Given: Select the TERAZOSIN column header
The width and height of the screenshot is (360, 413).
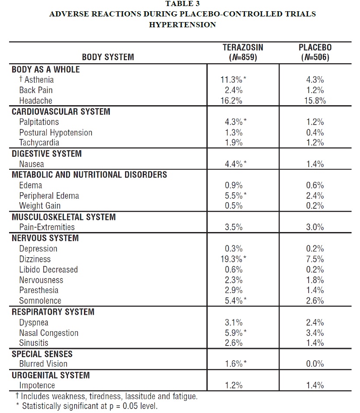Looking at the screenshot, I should point(243,48).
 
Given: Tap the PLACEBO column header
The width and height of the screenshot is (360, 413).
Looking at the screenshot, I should point(315,48).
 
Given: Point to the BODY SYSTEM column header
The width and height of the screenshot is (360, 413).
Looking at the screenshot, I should point(108,57).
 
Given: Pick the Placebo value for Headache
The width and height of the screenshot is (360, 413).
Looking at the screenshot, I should point(314,101).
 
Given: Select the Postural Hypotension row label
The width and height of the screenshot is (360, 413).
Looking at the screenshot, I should point(55,132).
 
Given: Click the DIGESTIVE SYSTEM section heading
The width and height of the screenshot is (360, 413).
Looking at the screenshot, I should point(46,154).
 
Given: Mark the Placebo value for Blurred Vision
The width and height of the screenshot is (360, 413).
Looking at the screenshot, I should point(314,364).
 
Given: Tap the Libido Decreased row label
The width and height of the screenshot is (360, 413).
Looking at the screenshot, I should point(48,270).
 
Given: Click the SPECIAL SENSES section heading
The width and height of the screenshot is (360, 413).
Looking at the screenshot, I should point(42,354).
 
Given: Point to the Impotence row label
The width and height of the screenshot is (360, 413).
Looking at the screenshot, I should point(37,385).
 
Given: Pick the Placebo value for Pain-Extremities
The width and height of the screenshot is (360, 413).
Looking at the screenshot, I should point(314,227).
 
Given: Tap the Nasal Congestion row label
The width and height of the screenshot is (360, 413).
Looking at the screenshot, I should point(48,333).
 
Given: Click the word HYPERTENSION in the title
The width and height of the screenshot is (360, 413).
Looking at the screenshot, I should point(182,25).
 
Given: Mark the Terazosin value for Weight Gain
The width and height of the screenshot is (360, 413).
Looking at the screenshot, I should point(234,206).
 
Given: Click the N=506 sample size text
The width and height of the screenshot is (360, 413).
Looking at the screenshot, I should point(315,57).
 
